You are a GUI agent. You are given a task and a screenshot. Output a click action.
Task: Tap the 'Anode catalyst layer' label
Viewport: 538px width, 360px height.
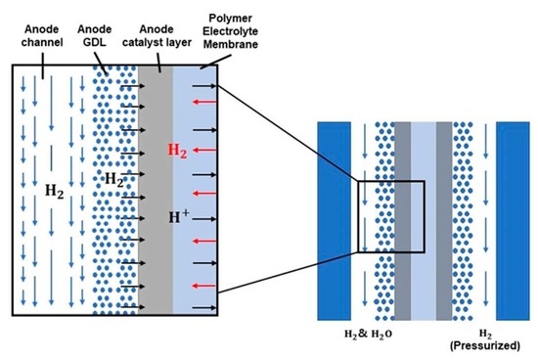[x=158, y=28]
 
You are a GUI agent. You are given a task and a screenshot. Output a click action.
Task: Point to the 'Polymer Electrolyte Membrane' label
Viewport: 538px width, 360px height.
[x=216, y=28]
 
